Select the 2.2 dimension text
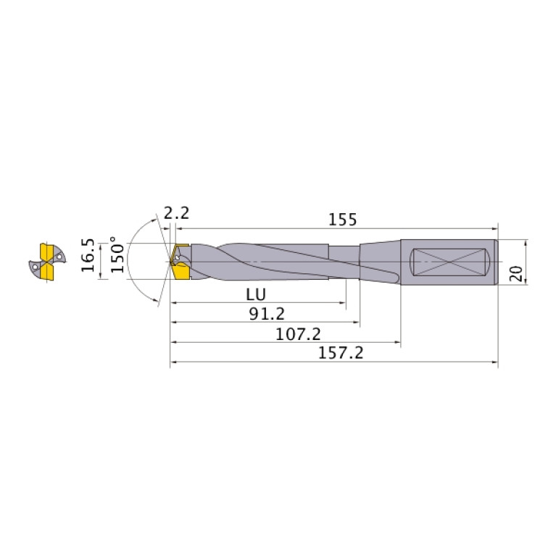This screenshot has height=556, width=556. click(176, 213)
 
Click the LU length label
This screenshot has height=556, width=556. click(255, 295)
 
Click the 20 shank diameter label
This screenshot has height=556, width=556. click(516, 273)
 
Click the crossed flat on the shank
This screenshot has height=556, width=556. click(448, 262)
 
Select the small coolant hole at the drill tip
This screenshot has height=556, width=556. click(178, 257)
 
